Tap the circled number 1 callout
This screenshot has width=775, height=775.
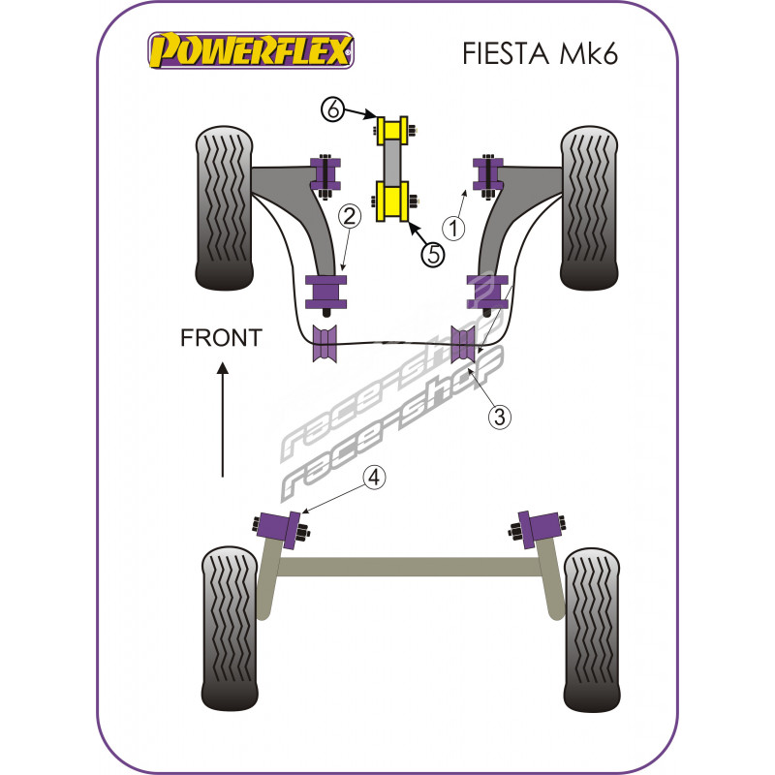tap(453, 228)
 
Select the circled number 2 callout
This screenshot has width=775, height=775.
tap(350, 215)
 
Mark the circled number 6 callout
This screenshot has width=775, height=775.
tap(334, 110)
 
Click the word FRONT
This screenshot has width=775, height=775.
tap(221, 337)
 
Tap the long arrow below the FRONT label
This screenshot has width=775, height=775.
tap(223, 418)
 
